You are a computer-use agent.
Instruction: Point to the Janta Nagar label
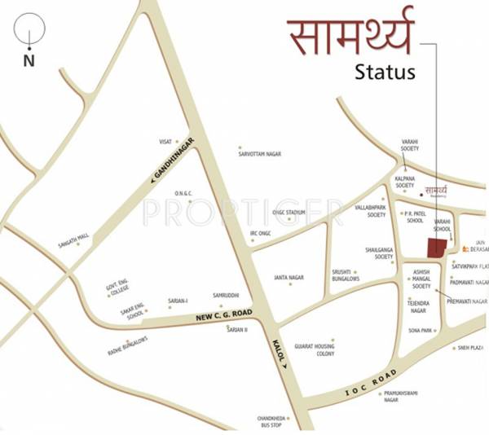(x=289, y=277)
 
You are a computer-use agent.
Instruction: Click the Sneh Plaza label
(x=470, y=348)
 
